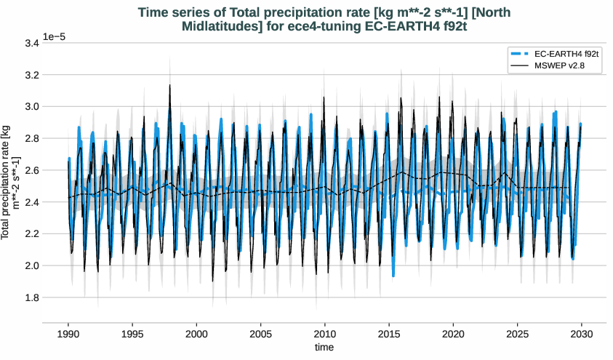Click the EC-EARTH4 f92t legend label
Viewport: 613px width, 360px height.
(566, 54)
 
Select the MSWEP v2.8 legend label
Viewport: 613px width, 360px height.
(559, 65)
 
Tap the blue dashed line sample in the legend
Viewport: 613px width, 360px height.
(519, 54)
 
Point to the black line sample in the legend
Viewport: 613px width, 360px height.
(519, 65)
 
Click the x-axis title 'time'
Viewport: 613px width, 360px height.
(324, 348)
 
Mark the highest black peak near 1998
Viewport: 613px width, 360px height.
(170, 85)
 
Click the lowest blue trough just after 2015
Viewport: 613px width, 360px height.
(393, 276)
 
